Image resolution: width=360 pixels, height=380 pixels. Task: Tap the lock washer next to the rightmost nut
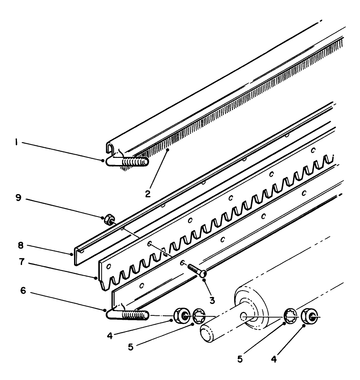[x=291, y=316]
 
